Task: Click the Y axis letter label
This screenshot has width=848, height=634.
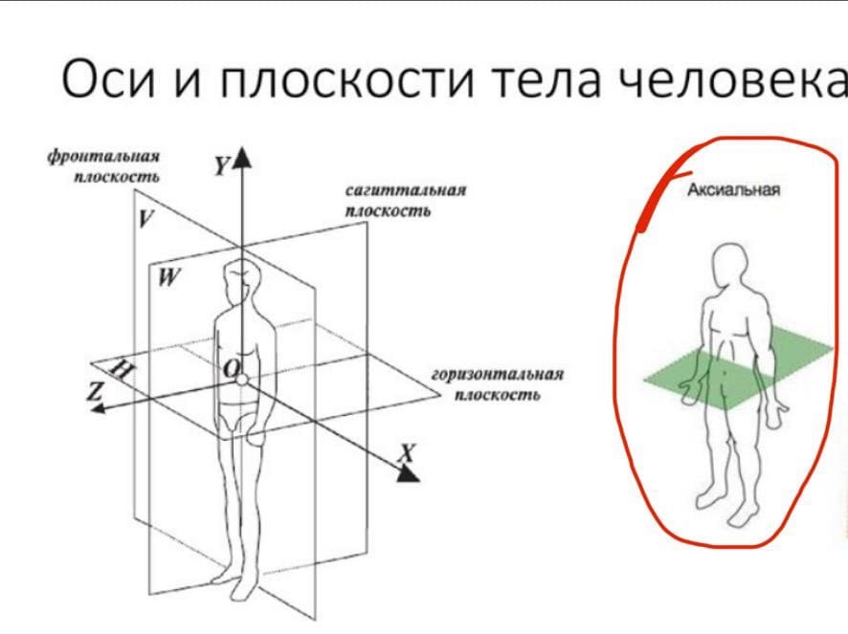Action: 219,167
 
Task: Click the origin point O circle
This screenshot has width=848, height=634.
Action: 243,380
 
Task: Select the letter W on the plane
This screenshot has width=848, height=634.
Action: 169,278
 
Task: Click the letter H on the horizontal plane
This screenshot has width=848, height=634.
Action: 123,372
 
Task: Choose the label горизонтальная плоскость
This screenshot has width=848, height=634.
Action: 497,384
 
